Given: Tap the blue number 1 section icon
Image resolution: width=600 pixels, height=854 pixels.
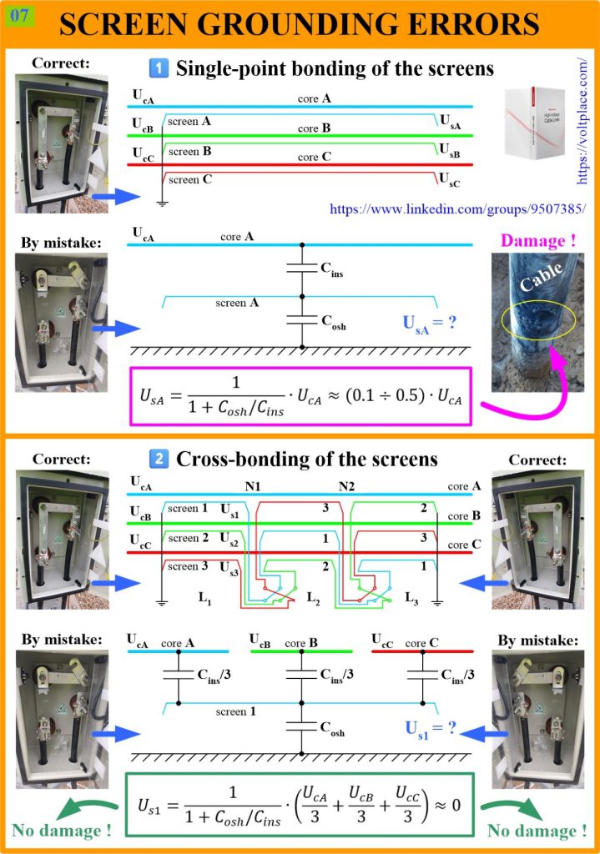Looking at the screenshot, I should pyautogui.click(x=159, y=68).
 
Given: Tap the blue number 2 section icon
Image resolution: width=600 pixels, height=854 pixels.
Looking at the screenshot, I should pyautogui.click(x=159, y=458).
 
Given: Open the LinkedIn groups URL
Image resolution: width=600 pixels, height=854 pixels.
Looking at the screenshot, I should pyautogui.click(x=457, y=209).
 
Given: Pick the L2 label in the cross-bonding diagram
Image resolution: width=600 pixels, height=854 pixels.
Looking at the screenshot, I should pyautogui.click(x=313, y=597).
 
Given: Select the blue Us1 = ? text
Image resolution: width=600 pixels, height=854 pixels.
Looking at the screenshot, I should pyautogui.click(x=431, y=728).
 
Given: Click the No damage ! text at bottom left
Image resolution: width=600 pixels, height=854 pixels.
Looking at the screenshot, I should pyautogui.click(x=62, y=830).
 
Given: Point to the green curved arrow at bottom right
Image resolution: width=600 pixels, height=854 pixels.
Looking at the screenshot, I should pyautogui.click(x=505, y=807).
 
